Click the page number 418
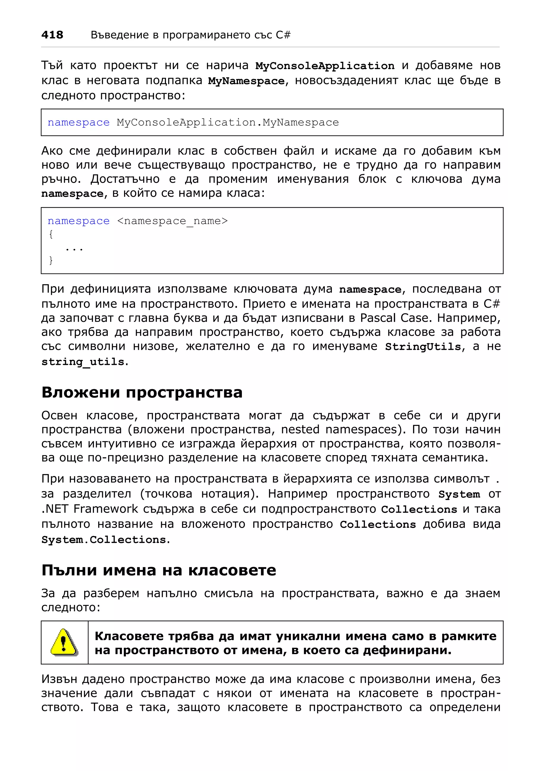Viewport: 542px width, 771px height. click(52, 35)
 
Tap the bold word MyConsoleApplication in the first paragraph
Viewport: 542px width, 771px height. click(325, 66)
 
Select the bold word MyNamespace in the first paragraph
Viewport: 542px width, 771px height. click(246, 81)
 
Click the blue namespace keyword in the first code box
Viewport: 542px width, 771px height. click(79, 122)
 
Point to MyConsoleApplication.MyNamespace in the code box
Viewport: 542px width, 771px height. click(228, 122)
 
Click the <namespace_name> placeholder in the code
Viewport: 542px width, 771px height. click(172, 221)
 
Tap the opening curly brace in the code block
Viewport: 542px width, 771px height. click(51, 234)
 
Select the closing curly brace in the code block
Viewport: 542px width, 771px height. click(51, 260)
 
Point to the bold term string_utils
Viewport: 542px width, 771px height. click(83, 362)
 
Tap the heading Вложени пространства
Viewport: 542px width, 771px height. click(142, 392)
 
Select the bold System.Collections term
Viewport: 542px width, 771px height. click(104, 540)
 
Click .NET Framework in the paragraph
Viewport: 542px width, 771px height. click(90, 509)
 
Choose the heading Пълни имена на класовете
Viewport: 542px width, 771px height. click(159, 570)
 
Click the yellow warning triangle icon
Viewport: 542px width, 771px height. click(64, 642)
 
